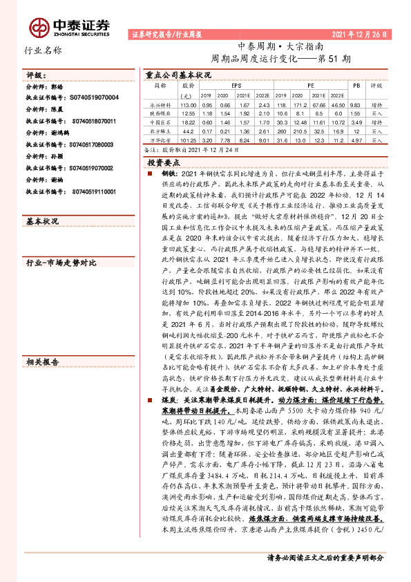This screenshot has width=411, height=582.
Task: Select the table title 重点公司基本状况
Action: (178, 73)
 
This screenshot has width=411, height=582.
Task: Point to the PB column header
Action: (356, 84)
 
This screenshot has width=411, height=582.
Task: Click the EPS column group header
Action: (236, 84)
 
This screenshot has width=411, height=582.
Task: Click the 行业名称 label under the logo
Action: (43, 50)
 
